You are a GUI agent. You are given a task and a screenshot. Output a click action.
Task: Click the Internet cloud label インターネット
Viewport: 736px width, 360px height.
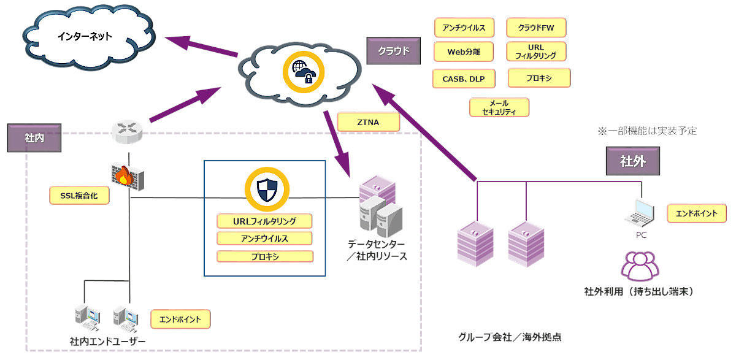pyautogui.click(x=85, y=36)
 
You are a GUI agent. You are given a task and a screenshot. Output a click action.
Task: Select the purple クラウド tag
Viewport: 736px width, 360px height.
pyautogui.click(x=393, y=50)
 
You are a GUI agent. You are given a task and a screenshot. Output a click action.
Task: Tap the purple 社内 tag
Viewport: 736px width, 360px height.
pyautogui.click(x=34, y=139)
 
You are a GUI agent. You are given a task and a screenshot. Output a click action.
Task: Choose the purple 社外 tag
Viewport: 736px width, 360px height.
pyautogui.click(x=634, y=162)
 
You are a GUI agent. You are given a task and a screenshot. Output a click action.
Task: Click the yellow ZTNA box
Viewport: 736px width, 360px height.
pyautogui.click(x=368, y=123)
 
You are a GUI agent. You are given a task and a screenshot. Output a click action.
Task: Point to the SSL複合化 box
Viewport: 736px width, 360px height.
pyautogui.click(x=80, y=196)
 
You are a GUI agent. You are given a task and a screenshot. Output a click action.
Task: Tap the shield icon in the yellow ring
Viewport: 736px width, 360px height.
pyautogui.click(x=267, y=190)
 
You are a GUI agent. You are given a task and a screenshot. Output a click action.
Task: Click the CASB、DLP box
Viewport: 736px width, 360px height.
pyautogui.click(x=464, y=78)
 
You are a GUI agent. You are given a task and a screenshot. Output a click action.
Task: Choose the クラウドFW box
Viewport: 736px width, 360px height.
pyautogui.click(x=537, y=28)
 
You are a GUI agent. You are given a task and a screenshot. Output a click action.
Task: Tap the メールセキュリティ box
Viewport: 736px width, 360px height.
pyautogui.click(x=499, y=107)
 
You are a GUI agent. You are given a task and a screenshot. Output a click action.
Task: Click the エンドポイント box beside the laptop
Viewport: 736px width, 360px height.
pyautogui.click(x=696, y=213)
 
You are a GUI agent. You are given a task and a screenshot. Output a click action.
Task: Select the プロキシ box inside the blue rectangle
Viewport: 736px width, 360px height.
pyautogui.click(x=265, y=256)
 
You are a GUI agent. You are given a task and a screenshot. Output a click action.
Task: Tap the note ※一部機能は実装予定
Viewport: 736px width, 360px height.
pyautogui.click(x=647, y=131)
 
